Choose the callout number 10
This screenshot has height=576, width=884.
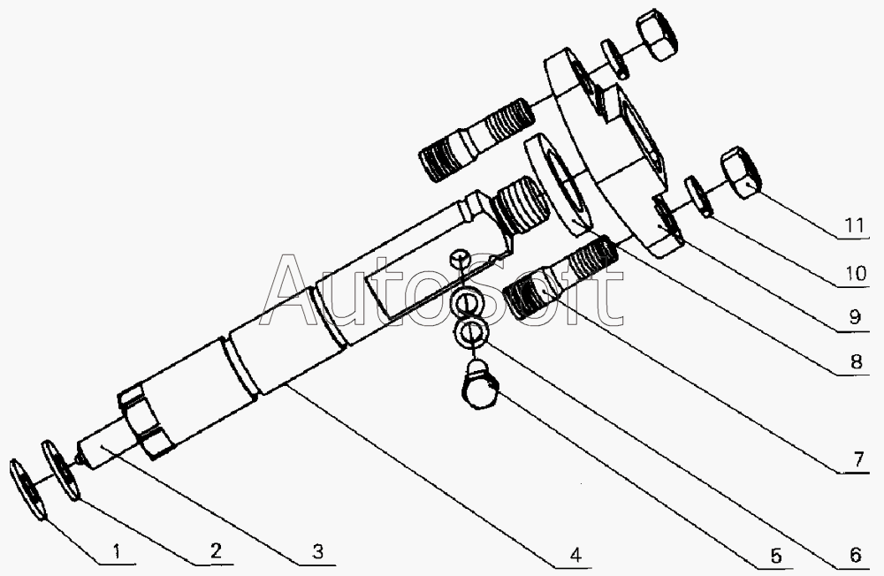pos(854,275)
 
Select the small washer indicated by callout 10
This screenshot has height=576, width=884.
pos(700,197)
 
